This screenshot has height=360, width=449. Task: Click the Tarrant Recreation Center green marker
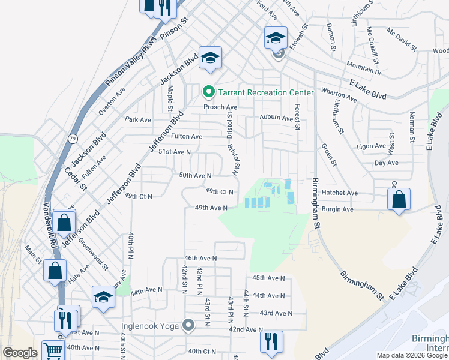click(209, 92)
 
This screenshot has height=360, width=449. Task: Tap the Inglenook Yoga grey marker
click(189, 326)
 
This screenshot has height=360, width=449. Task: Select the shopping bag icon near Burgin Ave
click(399, 199)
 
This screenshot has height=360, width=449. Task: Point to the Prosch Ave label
click(220, 107)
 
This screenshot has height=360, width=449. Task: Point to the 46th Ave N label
click(200, 257)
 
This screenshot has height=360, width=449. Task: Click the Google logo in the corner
click(20, 353)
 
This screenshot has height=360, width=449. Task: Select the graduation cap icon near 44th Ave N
click(103, 297)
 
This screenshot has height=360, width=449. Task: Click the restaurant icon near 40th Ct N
click(271, 341)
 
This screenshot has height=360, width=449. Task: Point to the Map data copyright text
click(412, 355)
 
